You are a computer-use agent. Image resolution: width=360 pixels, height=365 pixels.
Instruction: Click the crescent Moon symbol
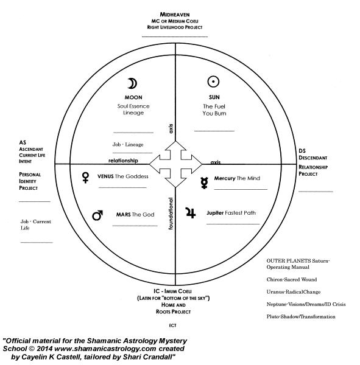pos(133,83)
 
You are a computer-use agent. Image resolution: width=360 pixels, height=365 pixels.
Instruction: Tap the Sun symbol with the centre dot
pos(213,82)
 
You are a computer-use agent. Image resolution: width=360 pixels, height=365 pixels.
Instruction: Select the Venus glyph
pos(85,178)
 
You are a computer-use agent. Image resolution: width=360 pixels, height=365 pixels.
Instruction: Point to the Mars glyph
pos(97,215)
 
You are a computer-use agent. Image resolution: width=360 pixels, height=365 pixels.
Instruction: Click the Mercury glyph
pos(204,182)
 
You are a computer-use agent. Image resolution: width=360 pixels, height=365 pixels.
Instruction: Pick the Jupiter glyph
pos(191,213)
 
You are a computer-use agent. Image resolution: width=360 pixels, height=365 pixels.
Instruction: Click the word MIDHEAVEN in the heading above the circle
pos(175,15)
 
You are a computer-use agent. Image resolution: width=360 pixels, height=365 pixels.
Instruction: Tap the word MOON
pos(133,97)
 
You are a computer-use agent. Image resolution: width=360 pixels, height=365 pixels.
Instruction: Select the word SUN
pos(214,97)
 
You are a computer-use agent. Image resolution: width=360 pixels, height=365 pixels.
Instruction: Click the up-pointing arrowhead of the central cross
pos(175,145)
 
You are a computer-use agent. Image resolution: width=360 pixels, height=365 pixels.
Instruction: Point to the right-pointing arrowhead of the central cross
pos(197,164)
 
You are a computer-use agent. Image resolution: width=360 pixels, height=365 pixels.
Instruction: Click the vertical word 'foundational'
pos(171,214)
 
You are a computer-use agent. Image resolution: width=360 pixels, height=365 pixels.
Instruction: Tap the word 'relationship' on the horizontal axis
pos(123,161)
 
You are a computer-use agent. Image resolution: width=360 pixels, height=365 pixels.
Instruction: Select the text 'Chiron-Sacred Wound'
pos(292,279)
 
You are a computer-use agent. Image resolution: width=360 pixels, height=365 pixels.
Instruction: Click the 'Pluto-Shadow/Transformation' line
pos(301,316)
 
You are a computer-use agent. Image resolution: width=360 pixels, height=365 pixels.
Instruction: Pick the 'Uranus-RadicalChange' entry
pos(294,292)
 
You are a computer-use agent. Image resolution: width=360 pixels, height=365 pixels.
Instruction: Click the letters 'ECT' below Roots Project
pos(172,325)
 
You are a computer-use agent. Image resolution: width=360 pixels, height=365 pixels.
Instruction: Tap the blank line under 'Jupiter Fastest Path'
pos(233,224)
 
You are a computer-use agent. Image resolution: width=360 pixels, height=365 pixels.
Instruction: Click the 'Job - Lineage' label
pos(128,145)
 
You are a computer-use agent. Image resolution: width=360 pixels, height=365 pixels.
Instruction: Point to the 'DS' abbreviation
pos(302,151)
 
